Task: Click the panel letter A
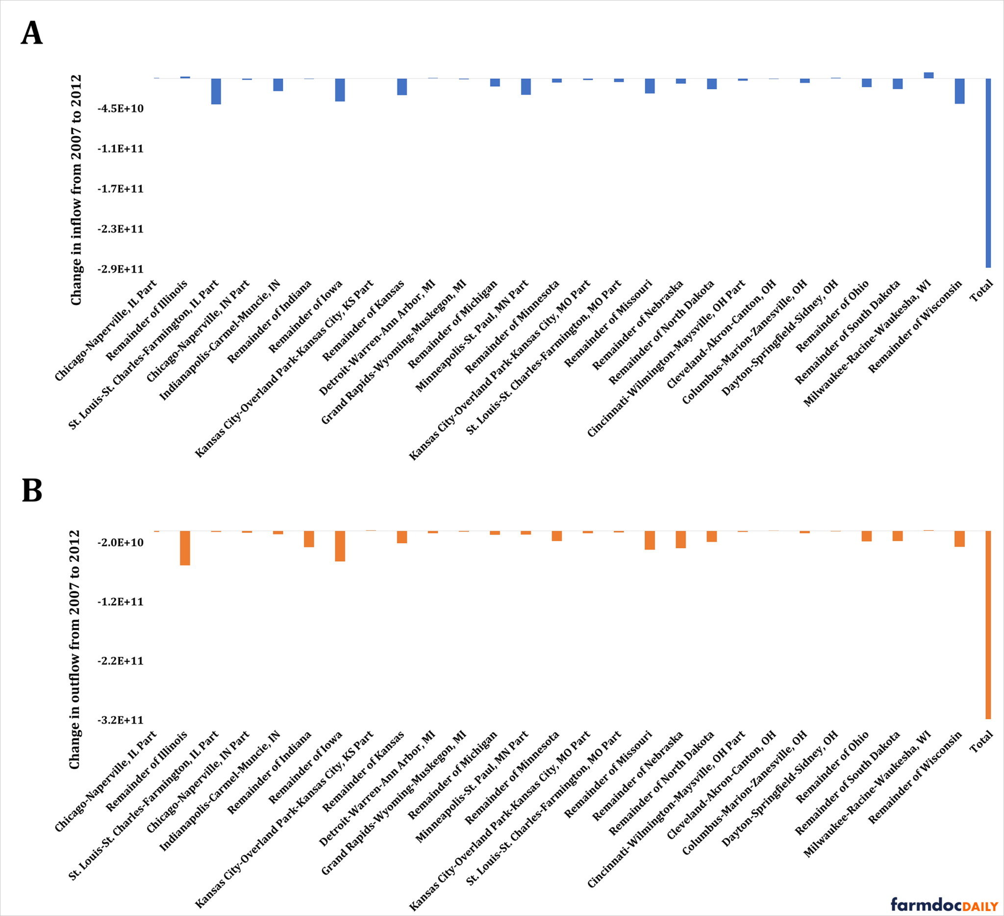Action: [x=32, y=33]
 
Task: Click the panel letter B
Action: [x=32, y=491]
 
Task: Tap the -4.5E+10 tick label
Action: [x=121, y=108]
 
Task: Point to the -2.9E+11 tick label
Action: [x=121, y=269]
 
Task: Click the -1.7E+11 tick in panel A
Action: [x=121, y=189]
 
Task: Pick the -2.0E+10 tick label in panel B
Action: [x=121, y=542]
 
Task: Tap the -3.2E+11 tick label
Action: [x=121, y=720]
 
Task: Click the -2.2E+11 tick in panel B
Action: [x=121, y=661]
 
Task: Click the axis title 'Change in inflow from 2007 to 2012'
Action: [x=75, y=190]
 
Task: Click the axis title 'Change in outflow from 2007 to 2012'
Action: [x=75, y=650]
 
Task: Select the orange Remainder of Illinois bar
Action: [x=185, y=548]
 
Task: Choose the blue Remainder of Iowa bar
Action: [x=340, y=90]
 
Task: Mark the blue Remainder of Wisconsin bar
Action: [x=960, y=91]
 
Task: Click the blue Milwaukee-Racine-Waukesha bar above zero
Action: [x=929, y=75]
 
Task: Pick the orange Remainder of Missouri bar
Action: [x=650, y=540]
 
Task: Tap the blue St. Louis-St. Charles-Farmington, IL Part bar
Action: [x=216, y=91]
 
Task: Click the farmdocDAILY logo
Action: [x=944, y=904]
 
